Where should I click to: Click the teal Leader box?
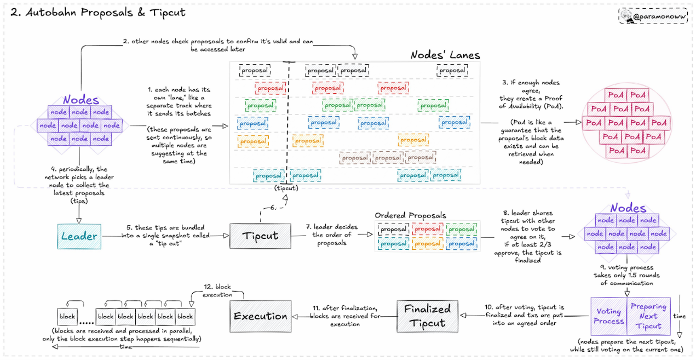click(x=79, y=236)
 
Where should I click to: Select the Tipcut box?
click(x=260, y=236)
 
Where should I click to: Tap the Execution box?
click(x=261, y=316)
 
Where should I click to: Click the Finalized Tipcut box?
click(x=427, y=316)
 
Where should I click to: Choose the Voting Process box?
click(x=608, y=316)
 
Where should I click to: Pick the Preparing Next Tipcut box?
click(x=648, y=316)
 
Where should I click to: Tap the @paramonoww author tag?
click(x=653, y=16)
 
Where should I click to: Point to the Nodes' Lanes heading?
click(x=445, y=55)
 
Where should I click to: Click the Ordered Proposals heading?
click(x=410, y=215)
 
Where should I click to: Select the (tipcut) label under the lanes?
click(x=286, y=188)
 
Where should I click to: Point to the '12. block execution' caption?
click(x=217, y=290)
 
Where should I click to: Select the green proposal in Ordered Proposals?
click(x=461, y=229)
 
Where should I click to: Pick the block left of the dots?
click(x=67, y=316)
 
